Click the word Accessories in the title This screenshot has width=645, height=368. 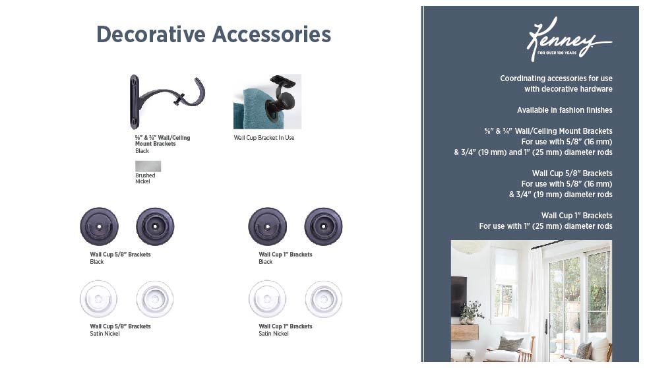(272, 34)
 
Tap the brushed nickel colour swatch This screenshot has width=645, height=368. (148, 166)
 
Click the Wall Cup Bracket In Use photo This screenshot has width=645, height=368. (267, 102)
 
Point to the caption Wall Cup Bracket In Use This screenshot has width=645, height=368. (264, 138)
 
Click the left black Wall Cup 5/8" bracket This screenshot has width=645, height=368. (99, 227)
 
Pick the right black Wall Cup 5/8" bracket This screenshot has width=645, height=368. (155, 227)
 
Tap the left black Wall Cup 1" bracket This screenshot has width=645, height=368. (267, 227)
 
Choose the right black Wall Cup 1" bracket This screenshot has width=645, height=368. (323, 227)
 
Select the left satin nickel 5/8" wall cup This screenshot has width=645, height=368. (98, 299)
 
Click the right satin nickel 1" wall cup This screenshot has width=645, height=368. (324, 299)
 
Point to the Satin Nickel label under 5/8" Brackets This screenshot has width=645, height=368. (105, 334)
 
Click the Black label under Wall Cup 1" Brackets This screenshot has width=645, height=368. (265, 262)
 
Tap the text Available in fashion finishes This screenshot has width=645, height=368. (565, 109)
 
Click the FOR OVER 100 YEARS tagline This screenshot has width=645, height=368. (557, 53)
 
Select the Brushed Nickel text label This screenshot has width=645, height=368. (145, 179)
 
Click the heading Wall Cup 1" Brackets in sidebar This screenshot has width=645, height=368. (576, 216)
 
